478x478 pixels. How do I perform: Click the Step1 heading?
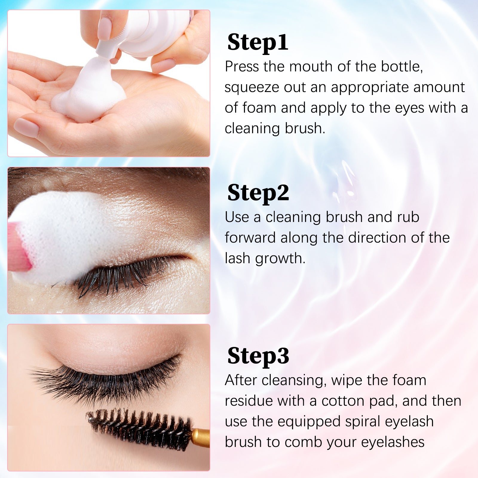(258, 42)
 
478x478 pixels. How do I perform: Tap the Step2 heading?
(258, 193)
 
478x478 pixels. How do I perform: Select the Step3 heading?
(258, 356)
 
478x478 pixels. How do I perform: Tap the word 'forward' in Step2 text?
(250, 238)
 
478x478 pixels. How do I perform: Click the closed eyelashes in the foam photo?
(119, 275)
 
